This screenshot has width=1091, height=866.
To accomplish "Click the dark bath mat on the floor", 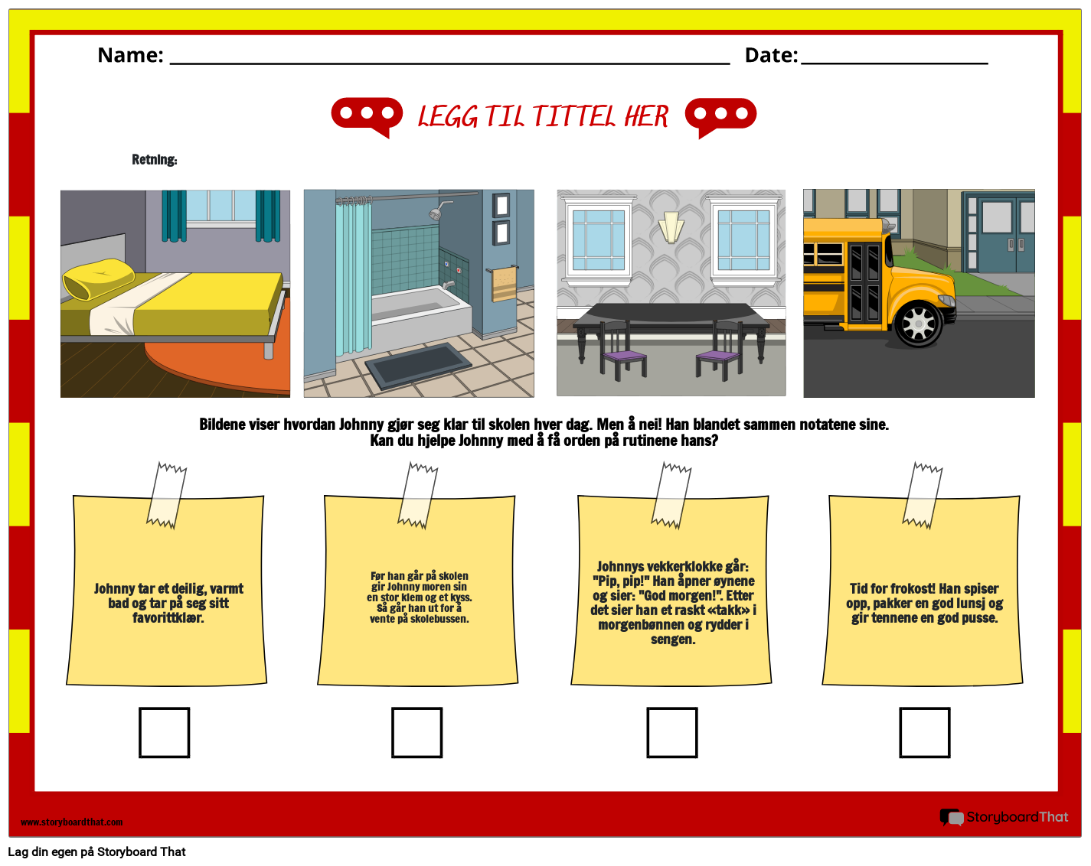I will [x=418, y=366].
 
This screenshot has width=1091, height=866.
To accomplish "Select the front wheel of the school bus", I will [x=917, y=324].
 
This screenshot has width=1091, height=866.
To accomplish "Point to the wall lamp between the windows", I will [x=671, y=226].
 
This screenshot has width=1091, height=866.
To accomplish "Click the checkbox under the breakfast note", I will [x=924, y=732].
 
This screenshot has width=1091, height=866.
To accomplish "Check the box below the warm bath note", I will [x=164, y=732].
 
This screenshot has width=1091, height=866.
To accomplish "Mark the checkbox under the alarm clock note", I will [x=671, y=732].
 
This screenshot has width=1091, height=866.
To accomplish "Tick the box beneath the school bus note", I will [x=416, y=732].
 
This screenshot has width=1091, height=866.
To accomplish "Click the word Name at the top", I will [x=130, y=55].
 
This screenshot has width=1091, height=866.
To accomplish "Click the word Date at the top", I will [x=771, y=55].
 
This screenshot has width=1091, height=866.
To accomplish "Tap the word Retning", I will [x=154, y=160].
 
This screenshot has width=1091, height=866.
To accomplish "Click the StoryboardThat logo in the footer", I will [x=1004, y=817].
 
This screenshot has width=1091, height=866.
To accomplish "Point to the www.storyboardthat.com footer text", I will [x=71, y=822].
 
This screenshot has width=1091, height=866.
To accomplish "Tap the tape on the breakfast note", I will [x=923, y=495].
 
